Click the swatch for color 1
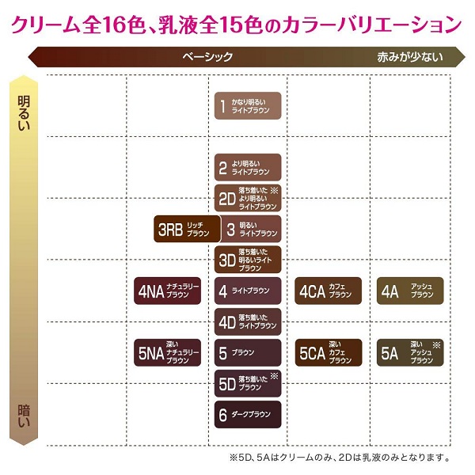[x=248, y=105]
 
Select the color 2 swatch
[x=248, y=167]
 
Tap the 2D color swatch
[x=248, y=197]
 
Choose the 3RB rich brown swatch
[x=184, y=230]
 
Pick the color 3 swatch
[x=248, y=230]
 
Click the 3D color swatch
[x=248, y=260]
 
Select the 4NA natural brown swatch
[x=169, y=291]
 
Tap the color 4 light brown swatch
[x=248, y=291]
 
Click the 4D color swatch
[x=248, y=321]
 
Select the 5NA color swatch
[x=169, y=352]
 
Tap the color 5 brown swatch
[x=248, y=352]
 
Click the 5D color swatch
[x=248, y=383]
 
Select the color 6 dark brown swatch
[x=248, y=414]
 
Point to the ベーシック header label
[x=207, y=57]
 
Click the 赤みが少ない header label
[x=409, y=57]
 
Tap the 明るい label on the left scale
[x=25, y=110]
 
